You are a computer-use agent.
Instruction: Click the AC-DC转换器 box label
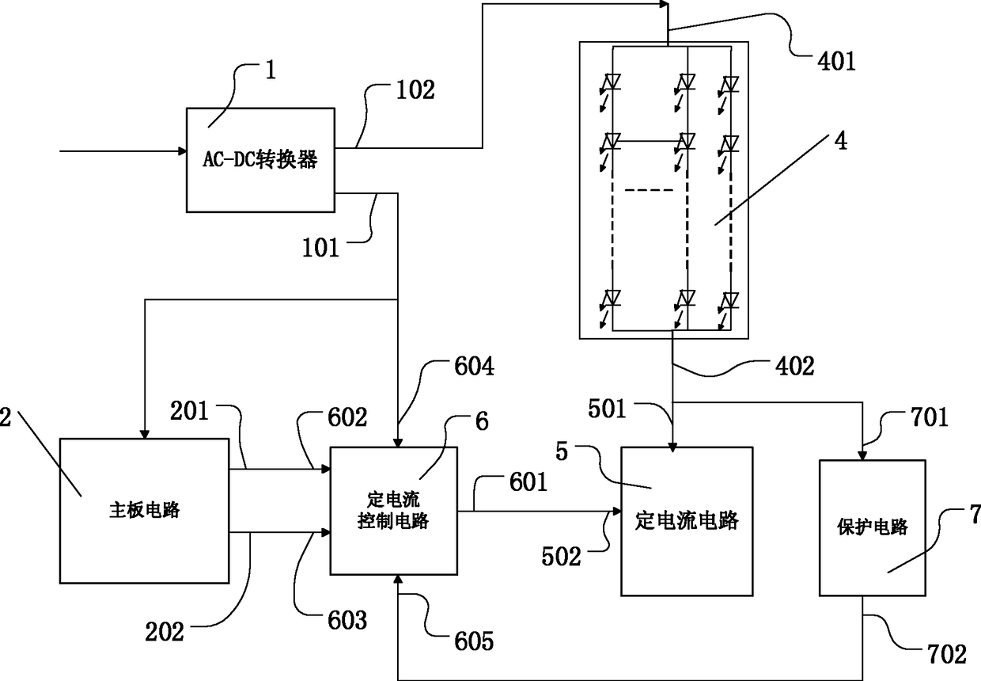pyautogui.click(x=260, y=159)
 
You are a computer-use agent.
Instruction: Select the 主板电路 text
pyautogui.click(x=145, y=510)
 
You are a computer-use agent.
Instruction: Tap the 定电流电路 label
pyautogui.click(x=687, y=520)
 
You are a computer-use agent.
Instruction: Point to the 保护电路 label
pyautogui.click(x=873, y=527)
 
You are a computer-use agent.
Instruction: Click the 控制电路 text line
pyautogui.click(x=393, y=521)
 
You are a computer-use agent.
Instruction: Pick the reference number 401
pyautogui.click(x=836, y=60)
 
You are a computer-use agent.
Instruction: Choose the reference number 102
pyautogui.click(x=415, y=89)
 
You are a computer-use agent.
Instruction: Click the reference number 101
pyautogui.click(x=320, y=247)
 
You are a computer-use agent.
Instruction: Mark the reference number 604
pyautogui.click(x=475, y=366)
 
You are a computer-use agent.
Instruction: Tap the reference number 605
pyautogui.click(x=474, y=641)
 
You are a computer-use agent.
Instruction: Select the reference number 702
pyautogui.click(x=947, y=655)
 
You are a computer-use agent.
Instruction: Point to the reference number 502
pyautogui.click(x=561, y=557)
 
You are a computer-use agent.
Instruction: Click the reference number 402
pyautogui.click(x=795, y=366)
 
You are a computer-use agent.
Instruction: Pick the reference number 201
pyautogui.click(x=189, y=411)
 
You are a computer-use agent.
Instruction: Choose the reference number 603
pyautogui.click(x=347, y=620)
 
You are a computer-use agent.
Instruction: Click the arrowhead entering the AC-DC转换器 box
pyautogui.click(x=183, y=151)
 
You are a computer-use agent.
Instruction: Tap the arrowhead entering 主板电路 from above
pyautogui.click(x=145, y=434)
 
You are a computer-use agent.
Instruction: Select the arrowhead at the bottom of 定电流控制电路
pyautogui.click(x=398, y=579)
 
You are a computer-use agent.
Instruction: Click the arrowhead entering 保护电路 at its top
pyautogui.click(x=862, y=456)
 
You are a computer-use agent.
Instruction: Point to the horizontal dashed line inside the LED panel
pyautogui.click(x=649, y=190)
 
